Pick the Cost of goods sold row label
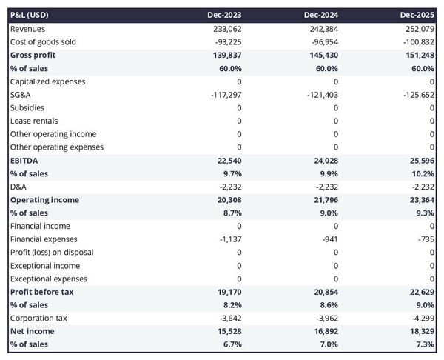(43, 41)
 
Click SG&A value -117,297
(224, 94)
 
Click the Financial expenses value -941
(329, 239)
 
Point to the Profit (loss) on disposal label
(52, 253)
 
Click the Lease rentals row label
(34, 121)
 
